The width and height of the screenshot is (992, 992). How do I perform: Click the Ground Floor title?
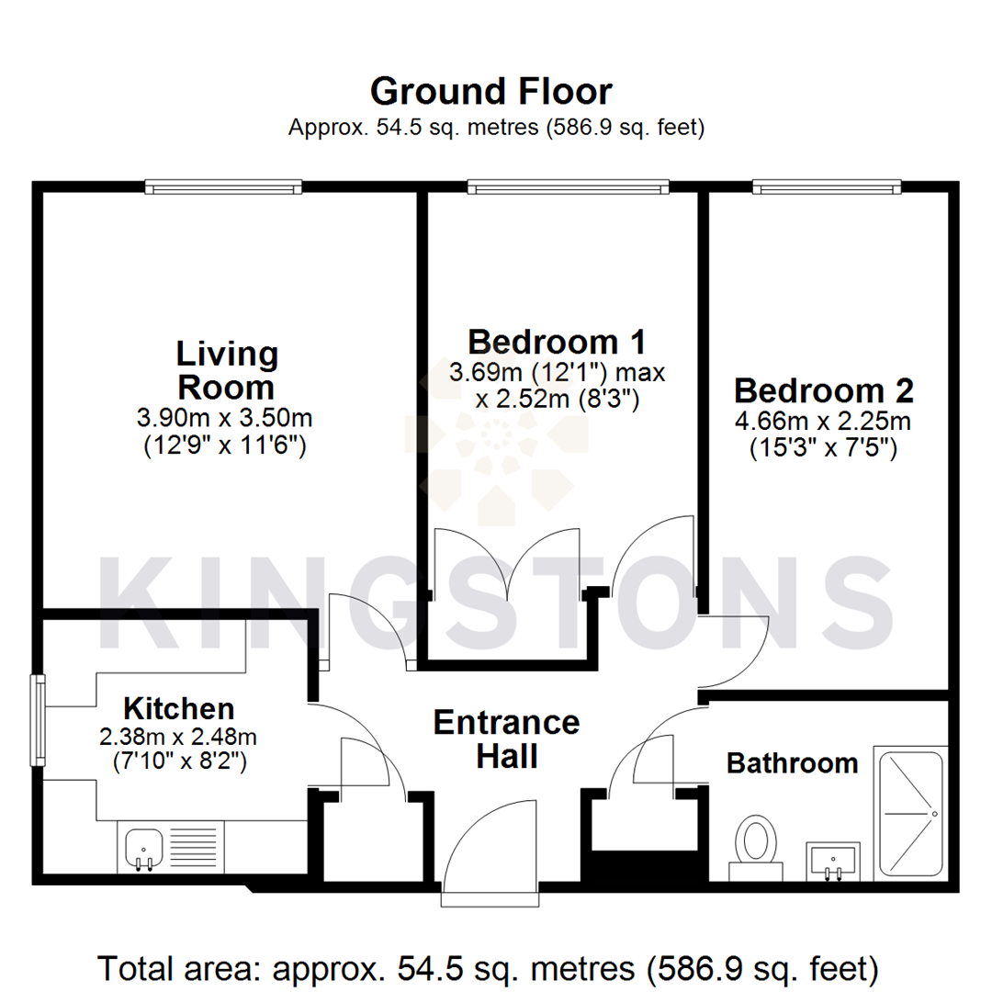(490, 92)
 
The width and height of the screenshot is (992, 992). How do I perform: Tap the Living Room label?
(226, 369)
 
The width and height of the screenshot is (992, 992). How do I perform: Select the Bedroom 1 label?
(557, 342)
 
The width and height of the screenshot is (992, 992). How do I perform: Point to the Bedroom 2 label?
(824, 391)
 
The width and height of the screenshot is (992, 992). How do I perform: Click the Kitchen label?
(179, 708)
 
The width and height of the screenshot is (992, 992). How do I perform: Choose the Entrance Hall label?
(506, 739)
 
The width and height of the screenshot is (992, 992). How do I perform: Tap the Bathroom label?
(792, 762)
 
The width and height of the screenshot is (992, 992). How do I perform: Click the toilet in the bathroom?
(758, 843)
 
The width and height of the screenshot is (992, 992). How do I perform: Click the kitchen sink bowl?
(141, 846)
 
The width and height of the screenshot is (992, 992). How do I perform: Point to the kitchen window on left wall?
(38, 721)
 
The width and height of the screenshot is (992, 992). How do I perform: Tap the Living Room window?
(223, 187)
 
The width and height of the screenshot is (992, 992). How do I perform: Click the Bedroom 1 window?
(568, 187)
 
